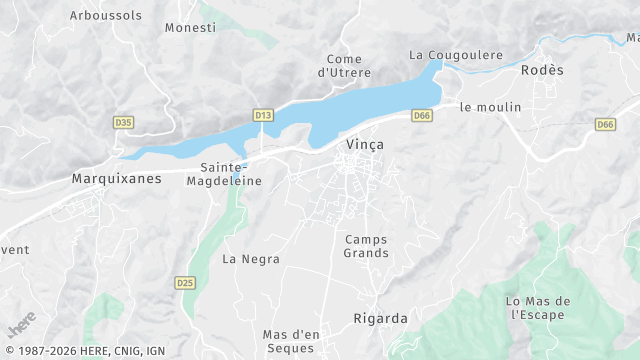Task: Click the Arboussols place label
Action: tap(106, 15)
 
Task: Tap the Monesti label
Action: tap(190, 27)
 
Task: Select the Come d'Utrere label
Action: tap(344, 66)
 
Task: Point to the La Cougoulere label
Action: tap(456, 55)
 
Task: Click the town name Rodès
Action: tap(543, 70)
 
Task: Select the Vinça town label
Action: tap(364, 144)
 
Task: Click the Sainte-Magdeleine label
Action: tap(231, 174)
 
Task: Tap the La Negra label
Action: tap(251, 259)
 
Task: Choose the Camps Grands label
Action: tap(366, 246)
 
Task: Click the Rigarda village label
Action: tap(381, 319)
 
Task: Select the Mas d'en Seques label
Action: tap(290, 341)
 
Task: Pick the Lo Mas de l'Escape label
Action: tap(537, 308)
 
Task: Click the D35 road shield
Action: tap(124, 122)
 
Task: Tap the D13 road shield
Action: tap(263, 116)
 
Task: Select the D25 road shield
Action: tap(184, 282)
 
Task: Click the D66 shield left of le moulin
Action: tap(422, 116)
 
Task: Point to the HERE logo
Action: tap(21, 327)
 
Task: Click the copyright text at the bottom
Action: tap(84, 351)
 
